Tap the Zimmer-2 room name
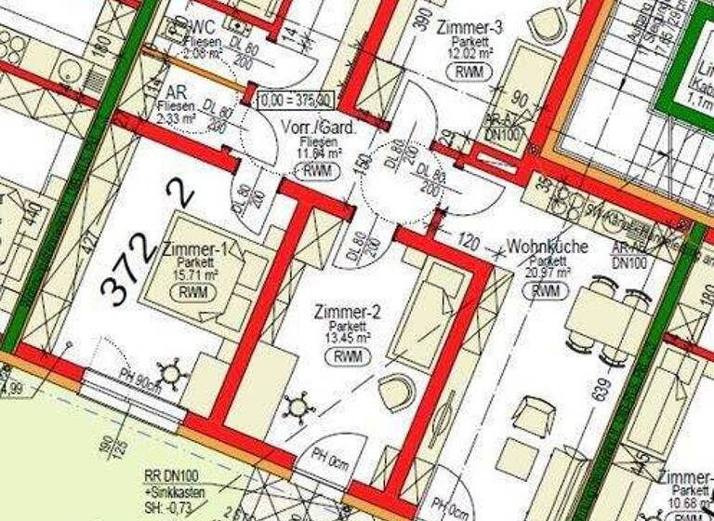347,311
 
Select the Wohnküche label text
546,247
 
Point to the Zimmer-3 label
469,28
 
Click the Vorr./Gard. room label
309,127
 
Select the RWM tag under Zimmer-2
347,356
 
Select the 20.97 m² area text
546,274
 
